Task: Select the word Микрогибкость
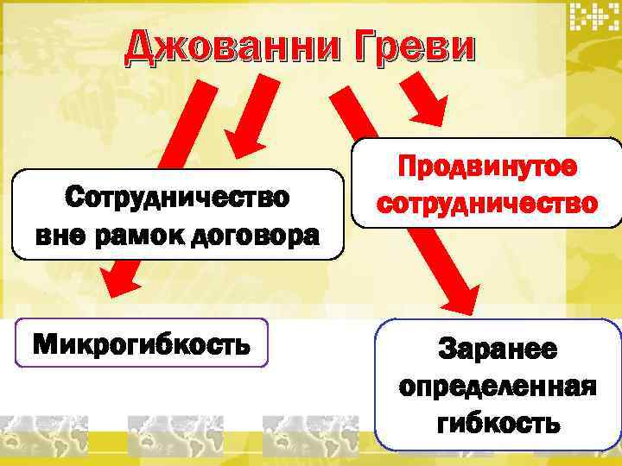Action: (142, 345)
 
